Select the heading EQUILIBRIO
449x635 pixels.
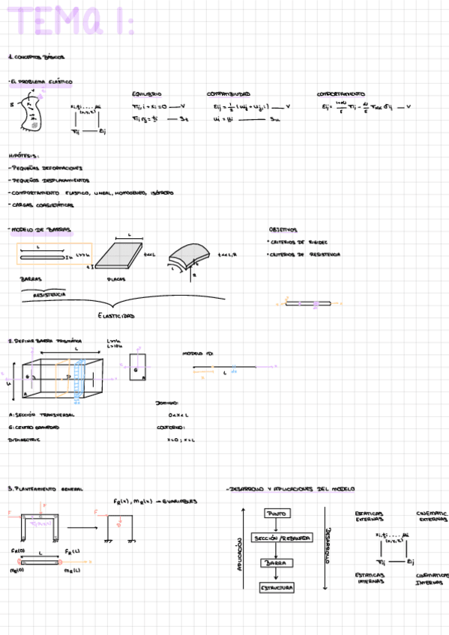[147, 94]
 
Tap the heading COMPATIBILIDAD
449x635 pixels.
[228, 94]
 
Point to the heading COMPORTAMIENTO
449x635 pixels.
[340, 94]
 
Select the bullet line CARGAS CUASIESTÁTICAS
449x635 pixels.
[43, 204]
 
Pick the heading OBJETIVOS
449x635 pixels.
[283, 230]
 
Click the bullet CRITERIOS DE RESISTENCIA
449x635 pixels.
[304, 255]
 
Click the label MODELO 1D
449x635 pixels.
[198, 353]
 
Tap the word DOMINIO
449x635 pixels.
[166, 403]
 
